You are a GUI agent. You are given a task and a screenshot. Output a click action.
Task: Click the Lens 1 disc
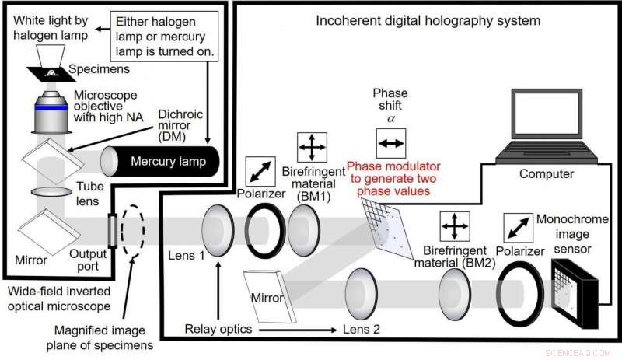(216, 232)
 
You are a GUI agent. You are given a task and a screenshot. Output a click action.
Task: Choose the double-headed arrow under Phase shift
(391, 143)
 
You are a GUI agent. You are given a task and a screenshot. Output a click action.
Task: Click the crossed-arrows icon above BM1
(312, 146)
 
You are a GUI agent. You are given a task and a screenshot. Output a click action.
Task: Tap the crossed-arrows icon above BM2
(454, 226)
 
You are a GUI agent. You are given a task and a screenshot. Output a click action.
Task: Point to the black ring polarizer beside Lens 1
(264, 232)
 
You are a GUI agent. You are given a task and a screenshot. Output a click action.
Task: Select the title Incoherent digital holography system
(428, 20)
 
